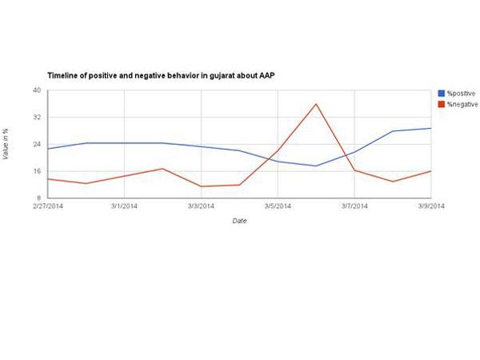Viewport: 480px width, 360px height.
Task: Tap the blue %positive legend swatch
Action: click(x=441, y=94)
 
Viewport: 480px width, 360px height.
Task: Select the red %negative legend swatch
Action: click(x=441, y=104)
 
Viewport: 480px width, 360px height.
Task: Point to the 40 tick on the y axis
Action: click(x=37, y=90)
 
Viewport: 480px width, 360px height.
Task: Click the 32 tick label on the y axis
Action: click(x=37, y=118)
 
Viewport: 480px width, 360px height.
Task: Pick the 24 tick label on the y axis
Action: click(x=37, y=145)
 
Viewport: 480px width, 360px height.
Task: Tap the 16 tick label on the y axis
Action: click(x=37, y=172)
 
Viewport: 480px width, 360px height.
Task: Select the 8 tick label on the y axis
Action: click(x=39, y=198)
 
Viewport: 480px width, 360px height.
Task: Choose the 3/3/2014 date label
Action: click(x=201, y=206)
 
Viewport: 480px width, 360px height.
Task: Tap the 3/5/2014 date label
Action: click(x=278, y=206)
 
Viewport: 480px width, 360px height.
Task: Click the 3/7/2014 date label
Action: click(x=354, y=206)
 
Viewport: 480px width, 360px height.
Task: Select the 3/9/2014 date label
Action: click(x=430, y=206)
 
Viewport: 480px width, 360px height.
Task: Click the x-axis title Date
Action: click(x=239, y=221)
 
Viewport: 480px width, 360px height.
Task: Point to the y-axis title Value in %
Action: click(x=8, y=144)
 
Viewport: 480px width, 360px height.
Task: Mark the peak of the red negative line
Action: click(x=316, y=104)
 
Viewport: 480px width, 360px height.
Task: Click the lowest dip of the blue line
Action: click(x=316, y=166)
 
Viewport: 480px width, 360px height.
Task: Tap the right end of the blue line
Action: click(x=430, y=128)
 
